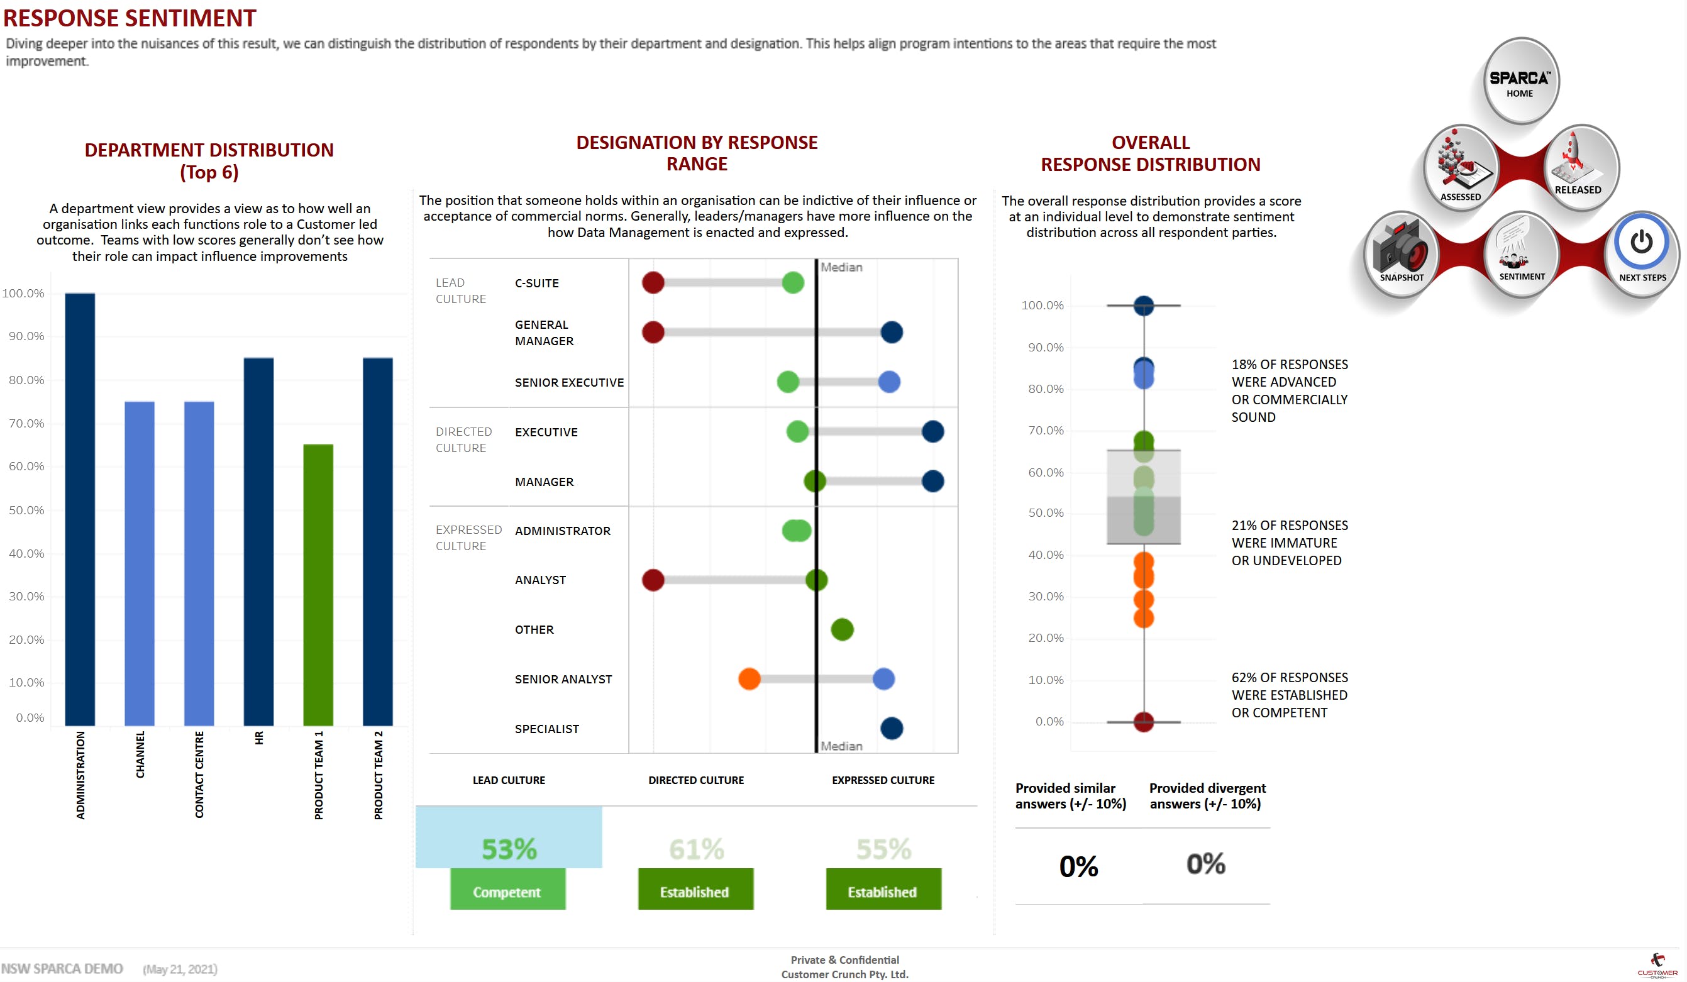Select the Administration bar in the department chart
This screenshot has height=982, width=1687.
point(80,509)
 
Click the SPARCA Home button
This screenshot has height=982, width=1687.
point(1520,81)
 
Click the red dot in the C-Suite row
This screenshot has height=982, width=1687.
point(653,282)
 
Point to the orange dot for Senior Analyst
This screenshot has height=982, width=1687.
point(749,679)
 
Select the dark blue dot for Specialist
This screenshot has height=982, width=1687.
point(891,728)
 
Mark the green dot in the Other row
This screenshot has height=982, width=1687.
point(841,629)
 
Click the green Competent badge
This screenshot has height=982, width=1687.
point(507,891)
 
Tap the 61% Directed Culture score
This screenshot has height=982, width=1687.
point(696,849)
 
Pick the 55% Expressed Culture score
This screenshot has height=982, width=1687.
point(883,849)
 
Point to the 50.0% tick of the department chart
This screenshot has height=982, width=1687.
point(26,510)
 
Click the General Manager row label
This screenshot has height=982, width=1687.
point(544,333)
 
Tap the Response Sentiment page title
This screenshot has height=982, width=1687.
point(130,18)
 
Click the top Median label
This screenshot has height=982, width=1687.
point(841,267)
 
